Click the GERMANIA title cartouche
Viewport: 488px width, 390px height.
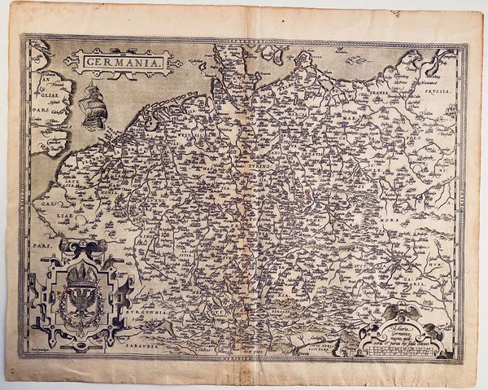(119, 60)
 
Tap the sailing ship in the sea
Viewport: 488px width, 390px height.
(93, 105)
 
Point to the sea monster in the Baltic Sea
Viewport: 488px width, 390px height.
(355, 59)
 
